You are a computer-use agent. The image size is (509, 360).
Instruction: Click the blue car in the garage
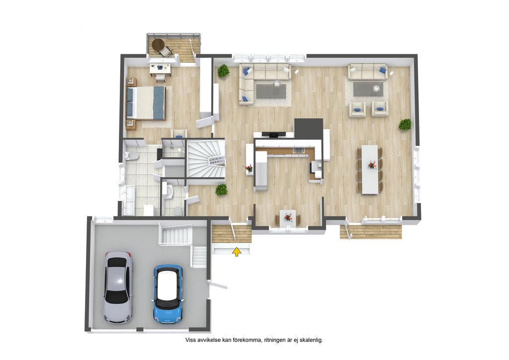pyautogui.click(x=168, y=294)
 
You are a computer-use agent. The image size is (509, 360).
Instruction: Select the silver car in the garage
pyautogui.click(x=118, y=287)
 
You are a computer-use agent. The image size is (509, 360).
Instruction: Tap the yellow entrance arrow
pyautogui.click(x=237, y=252)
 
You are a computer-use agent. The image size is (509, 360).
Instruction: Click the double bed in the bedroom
pyautogui.click(x=146, y=102)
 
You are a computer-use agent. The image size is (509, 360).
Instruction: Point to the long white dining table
pyautogui.click(x=370, y=170)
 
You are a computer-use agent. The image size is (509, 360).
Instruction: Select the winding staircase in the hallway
pyautogui.click(x=206, y=159)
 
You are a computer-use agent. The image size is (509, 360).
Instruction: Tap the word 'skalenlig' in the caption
pyautogui.click(x=310, y=340)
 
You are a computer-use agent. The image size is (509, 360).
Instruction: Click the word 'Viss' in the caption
pyautogui.click(x=190, y=340)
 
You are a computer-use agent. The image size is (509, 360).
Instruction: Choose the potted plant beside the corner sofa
pyautogui.click(x=223, y=71)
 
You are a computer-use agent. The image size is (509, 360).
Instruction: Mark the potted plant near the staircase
pyautogui.click(x=221, y=189)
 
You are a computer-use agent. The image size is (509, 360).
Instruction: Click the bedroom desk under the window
pyautogui.click(x=160, y=70)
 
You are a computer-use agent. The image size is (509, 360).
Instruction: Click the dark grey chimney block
pyautogui.click(x=308, y=129)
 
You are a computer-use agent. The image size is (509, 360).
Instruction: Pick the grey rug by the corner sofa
pyautogui.click(x=271, y=91)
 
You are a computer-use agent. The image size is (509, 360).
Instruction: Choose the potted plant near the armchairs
pyautogui.click(x=405, y=125)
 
